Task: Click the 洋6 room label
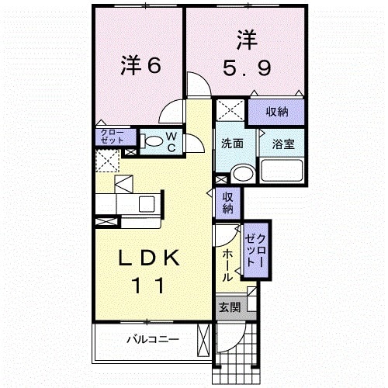[x=140, y=65]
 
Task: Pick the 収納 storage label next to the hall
[x=228, y=203]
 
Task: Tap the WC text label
[x=171, y=142]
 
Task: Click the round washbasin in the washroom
[x=244, y=174]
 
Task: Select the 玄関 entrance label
[x=229, y=307]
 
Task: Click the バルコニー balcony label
[x=152, y=339]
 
